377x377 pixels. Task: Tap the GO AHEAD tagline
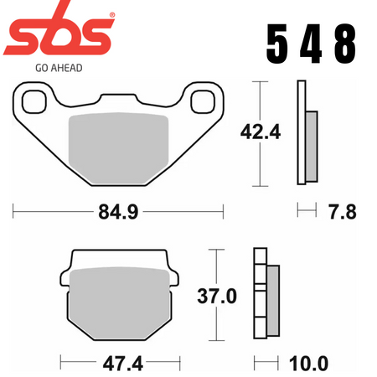(59, 68)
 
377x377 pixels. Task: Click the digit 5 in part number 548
(277, 44)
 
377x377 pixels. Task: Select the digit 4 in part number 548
(311, 44)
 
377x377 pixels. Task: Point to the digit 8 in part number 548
(345, 44)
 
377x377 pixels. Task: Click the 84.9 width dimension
(118, 212)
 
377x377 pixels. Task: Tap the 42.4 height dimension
(261, 132)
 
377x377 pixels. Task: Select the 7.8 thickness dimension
(343, 212)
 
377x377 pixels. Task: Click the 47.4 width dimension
(123, 364)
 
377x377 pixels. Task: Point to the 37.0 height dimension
(217, 296)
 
